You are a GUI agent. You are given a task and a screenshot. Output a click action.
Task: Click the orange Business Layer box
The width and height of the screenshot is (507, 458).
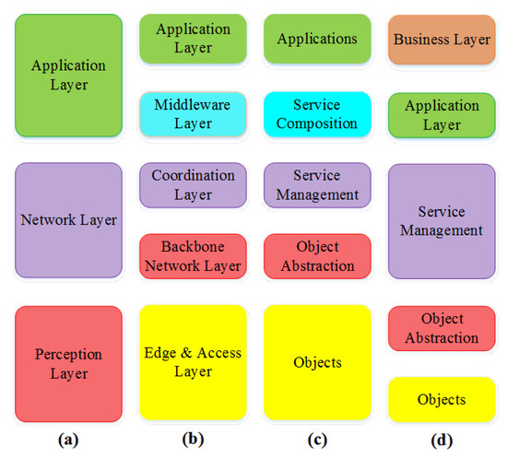[x=441, y=39]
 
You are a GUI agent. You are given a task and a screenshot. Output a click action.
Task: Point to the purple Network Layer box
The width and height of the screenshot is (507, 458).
[x=68, y=220]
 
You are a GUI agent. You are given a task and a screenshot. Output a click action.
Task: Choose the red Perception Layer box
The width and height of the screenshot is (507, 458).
[x=68, y=364]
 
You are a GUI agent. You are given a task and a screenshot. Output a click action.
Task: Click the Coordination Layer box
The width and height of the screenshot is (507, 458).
[x=193, y=185]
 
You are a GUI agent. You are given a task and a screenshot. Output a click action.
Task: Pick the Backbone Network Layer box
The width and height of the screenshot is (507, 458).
[x=193, y=256]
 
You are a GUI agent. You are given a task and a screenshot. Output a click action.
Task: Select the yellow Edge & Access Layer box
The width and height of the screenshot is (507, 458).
[x=193, y=362]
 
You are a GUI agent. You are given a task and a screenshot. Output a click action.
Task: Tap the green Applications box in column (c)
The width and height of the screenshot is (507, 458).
[x=317, y=39]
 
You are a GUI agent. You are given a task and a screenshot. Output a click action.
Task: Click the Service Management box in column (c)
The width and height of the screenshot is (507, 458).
[x=317, y=185]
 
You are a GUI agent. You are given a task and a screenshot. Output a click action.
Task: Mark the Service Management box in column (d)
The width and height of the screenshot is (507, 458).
[x=441, y=220]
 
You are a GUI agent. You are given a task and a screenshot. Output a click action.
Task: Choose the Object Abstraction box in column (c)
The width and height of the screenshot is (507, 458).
[x=317, y=256]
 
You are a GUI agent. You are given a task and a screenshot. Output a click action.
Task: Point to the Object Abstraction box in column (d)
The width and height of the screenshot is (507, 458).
[x=441, y=328]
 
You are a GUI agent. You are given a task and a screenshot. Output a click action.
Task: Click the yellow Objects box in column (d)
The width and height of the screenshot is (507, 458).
[x=441, y=399]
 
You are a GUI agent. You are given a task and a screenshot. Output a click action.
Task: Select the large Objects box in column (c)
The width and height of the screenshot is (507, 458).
[x=317, y=362]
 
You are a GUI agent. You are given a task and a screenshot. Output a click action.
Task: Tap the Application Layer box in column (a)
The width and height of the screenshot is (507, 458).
[x=68, y=76]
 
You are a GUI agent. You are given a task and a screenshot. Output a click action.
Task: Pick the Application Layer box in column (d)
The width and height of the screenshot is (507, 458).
[x=441, y=114]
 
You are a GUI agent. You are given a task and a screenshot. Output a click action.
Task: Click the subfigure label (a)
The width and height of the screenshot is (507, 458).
[x=67, y=440]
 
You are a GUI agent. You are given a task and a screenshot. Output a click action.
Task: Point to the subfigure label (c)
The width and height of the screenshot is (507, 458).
[x=316, y=440]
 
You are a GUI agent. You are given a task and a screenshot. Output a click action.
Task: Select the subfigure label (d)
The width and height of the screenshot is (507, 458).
[x=441, y=440]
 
